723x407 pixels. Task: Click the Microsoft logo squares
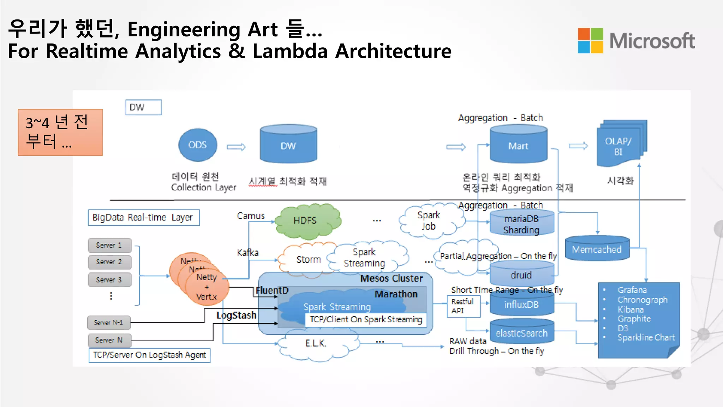click(590, 41)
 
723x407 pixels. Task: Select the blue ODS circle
click(198, 145)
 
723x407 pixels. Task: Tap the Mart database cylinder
click(518, 145)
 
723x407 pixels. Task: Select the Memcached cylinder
click(597, 249)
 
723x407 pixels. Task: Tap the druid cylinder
click(521, 275)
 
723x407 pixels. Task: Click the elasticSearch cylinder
click(521, 332)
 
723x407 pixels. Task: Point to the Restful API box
click(463, 306)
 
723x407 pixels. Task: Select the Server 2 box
click(109, 262)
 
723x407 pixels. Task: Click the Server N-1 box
click(109, 322)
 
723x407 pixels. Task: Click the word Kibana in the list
click(631, 309)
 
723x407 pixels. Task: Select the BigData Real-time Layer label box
click(143, 217)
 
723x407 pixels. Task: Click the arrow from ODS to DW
click(236, 147)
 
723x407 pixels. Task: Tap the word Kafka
click(247, 253)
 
